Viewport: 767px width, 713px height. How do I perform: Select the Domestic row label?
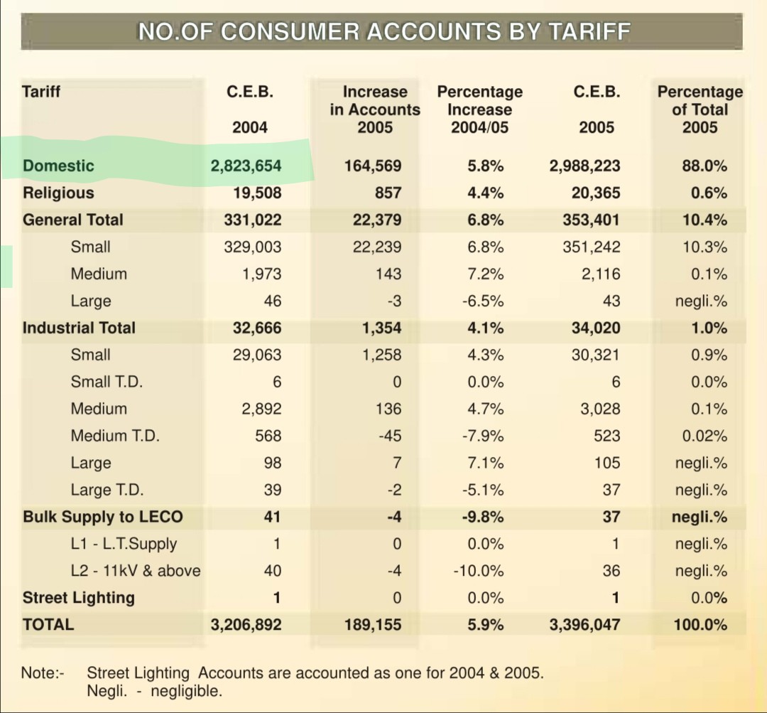58,166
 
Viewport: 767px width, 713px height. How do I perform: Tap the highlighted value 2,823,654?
246,166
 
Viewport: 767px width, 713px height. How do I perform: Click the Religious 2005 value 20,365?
596,193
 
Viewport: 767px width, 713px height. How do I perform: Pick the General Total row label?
73,220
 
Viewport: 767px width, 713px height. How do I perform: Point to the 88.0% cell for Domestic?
705,166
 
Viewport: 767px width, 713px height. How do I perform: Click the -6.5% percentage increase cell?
483,301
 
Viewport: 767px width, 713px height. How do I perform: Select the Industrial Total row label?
79,328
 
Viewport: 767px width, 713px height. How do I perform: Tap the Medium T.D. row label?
115,435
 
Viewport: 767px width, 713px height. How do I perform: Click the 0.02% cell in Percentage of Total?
705,436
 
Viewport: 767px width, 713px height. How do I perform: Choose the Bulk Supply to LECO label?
103,517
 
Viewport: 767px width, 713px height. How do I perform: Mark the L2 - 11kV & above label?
136,571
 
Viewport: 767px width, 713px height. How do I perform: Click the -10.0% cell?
479,571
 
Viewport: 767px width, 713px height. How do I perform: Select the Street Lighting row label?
78,597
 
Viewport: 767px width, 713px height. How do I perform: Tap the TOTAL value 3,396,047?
584,625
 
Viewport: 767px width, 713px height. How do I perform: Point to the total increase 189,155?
373,625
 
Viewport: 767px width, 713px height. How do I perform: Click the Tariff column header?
41,92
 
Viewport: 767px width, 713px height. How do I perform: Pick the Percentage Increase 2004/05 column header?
480,109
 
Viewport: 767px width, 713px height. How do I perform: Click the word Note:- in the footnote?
43,673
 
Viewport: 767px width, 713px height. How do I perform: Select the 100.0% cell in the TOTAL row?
700,625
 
